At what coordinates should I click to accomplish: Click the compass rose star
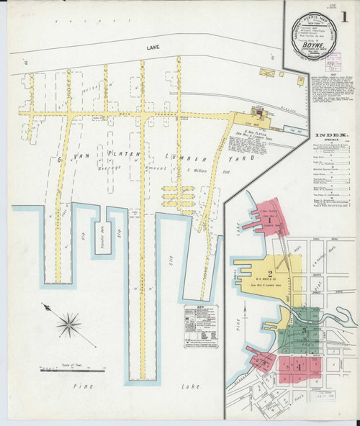70,324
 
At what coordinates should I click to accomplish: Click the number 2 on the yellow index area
269,273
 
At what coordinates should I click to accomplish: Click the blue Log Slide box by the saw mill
293,132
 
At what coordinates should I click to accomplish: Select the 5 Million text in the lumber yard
194,168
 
